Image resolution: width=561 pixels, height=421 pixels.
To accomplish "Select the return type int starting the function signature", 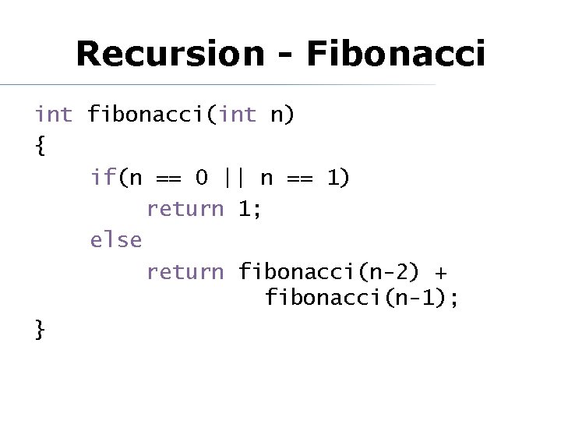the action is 53,115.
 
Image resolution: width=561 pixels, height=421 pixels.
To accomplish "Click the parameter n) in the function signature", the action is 281,115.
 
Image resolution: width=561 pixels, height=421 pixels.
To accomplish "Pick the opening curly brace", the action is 40,147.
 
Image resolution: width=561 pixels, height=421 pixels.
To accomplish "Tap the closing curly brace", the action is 40,331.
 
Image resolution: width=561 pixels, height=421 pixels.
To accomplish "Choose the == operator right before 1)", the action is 300,179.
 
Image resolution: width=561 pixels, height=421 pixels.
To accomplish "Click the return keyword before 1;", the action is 185,209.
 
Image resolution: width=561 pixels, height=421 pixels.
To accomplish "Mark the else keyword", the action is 116,240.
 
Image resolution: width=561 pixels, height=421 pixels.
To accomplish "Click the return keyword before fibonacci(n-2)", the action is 185,271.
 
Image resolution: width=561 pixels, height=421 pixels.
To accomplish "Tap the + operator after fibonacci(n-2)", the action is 441,272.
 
